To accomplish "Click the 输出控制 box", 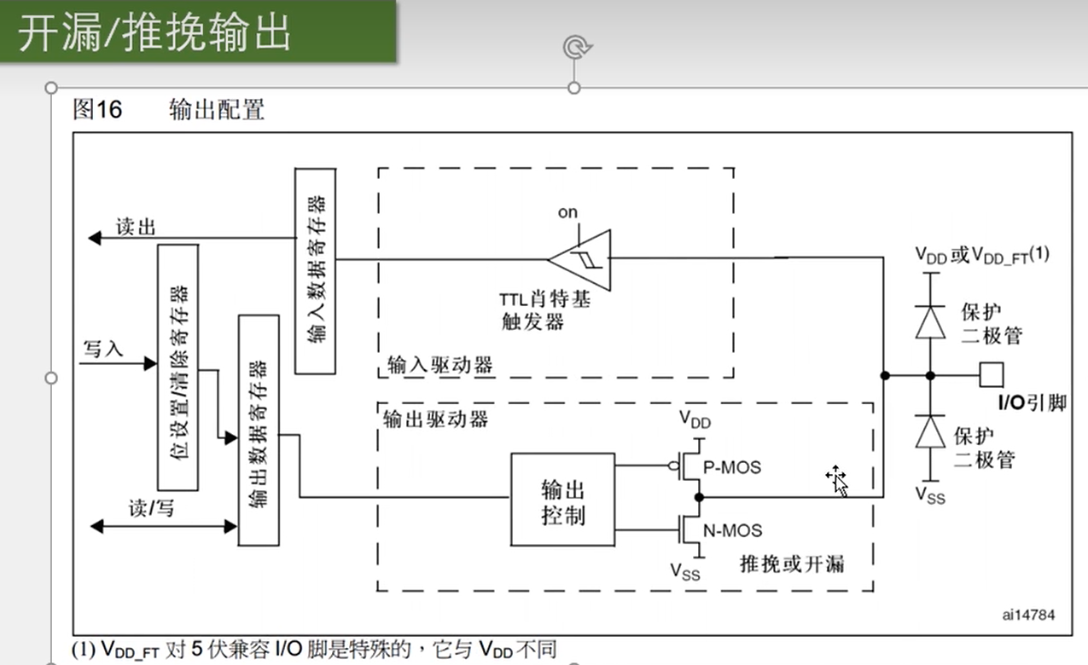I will click(x=562, y=500).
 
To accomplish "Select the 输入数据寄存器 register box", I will click(x=316, y=270).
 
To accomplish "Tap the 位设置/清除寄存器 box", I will click(x=177, y=367).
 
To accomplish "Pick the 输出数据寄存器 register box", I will click(x=259, y=430).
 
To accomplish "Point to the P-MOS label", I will click(x=731, y=467).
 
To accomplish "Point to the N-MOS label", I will click(x=732, y=530).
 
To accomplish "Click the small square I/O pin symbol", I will click(x=991, y=374).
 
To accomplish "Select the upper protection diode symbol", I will click(x=930, y=321).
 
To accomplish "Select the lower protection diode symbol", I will click(x=930, y=431).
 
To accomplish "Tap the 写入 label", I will click(x=103, y=349).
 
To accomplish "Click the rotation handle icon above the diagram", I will click(x=576, y=47).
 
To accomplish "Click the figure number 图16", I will click(x=97, y=109).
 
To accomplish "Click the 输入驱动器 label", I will click(x=439, y=366).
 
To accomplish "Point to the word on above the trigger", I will click(x=567, y=212).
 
